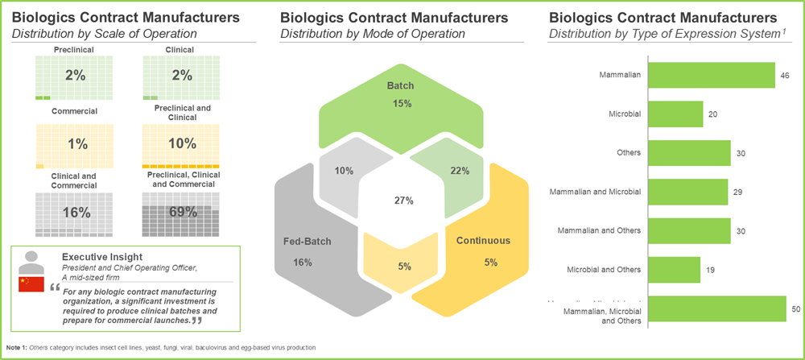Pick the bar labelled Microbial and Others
click(673, 270)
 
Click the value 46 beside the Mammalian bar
click(785, 76)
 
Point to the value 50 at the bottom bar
click(796, 309)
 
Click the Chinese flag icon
click(31, 284)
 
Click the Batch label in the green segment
click(400, 85)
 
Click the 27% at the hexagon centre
click(402, 199)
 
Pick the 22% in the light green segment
click(460, 170)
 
